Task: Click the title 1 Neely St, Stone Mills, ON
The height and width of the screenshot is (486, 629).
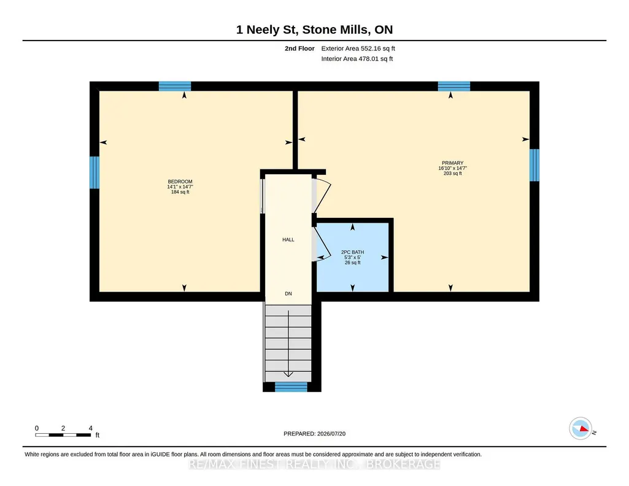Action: click(x=314, y=29)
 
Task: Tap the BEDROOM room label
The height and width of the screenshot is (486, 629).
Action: click(x=180, y=182)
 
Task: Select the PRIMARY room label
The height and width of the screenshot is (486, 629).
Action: click(x=452, y=163)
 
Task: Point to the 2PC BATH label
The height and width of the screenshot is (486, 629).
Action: click(x=353, y=252)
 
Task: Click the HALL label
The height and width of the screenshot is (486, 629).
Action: click(x=288, y=240)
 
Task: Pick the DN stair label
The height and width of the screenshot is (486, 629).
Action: click(x=288, y=294)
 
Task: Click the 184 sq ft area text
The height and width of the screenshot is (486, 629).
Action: click(x=180, y=192)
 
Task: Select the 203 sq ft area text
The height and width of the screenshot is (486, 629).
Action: click(x=452, y=174)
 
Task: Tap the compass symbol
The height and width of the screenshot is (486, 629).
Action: click(x=581, y=429)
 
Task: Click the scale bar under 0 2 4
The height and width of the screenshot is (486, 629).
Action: click(x=63, y=435)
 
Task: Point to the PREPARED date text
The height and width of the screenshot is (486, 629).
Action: click(x=314, y=434)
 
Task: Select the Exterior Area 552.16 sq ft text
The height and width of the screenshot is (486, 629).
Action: click(x=358, y=48)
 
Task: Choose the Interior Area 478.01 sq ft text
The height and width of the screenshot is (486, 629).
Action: click(x=357, y=58)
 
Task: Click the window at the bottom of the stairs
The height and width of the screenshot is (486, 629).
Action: click(x=291, y=387)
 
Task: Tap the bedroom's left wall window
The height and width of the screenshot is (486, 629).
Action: click(x=95, y=172)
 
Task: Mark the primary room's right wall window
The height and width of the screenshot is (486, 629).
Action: click(x=534, y=165)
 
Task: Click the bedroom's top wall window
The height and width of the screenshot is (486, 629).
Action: click(x=175, y=86)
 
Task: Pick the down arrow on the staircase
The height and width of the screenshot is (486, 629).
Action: click(x=288, y=344)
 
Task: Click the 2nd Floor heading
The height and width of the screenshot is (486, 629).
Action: click(x=299, y=48)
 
